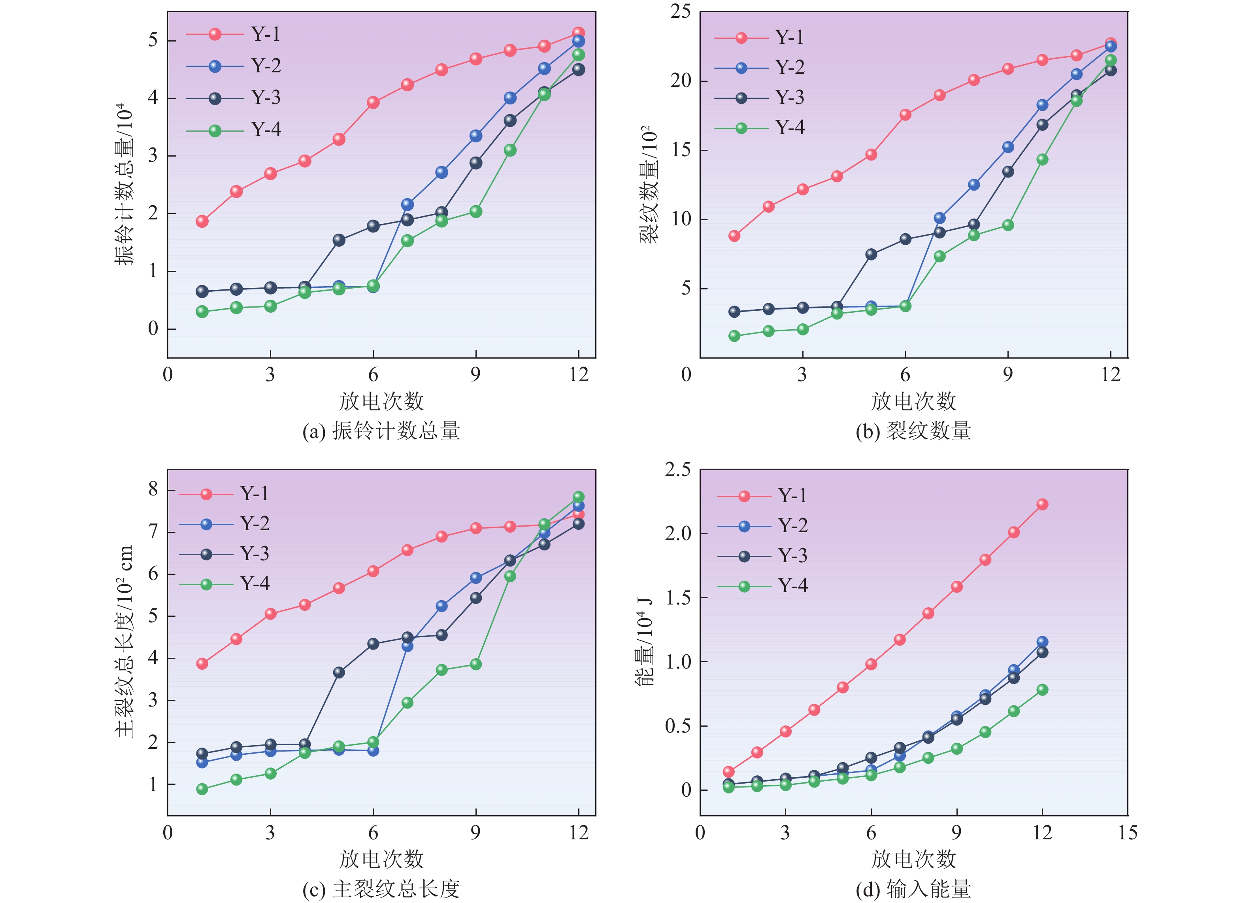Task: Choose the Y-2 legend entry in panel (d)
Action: [x=763, y=526]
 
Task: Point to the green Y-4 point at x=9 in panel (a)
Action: [x=476, y=212]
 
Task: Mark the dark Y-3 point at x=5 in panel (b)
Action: [x=871, y=254]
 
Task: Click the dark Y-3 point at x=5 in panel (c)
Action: [x=339, y=672]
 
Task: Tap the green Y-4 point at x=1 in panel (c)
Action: [x=202, y=789]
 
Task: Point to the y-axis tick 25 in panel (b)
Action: [x=681, y=11]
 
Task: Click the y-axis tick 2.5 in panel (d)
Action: [x=677, y=470]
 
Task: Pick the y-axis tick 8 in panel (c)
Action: [x=153, y=489]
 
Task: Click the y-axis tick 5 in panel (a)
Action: [x=153, y=41]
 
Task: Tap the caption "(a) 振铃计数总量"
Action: [x=381, y=431]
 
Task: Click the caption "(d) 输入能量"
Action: [x=913, y=889]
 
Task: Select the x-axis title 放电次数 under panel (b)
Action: [x=913, y=402]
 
